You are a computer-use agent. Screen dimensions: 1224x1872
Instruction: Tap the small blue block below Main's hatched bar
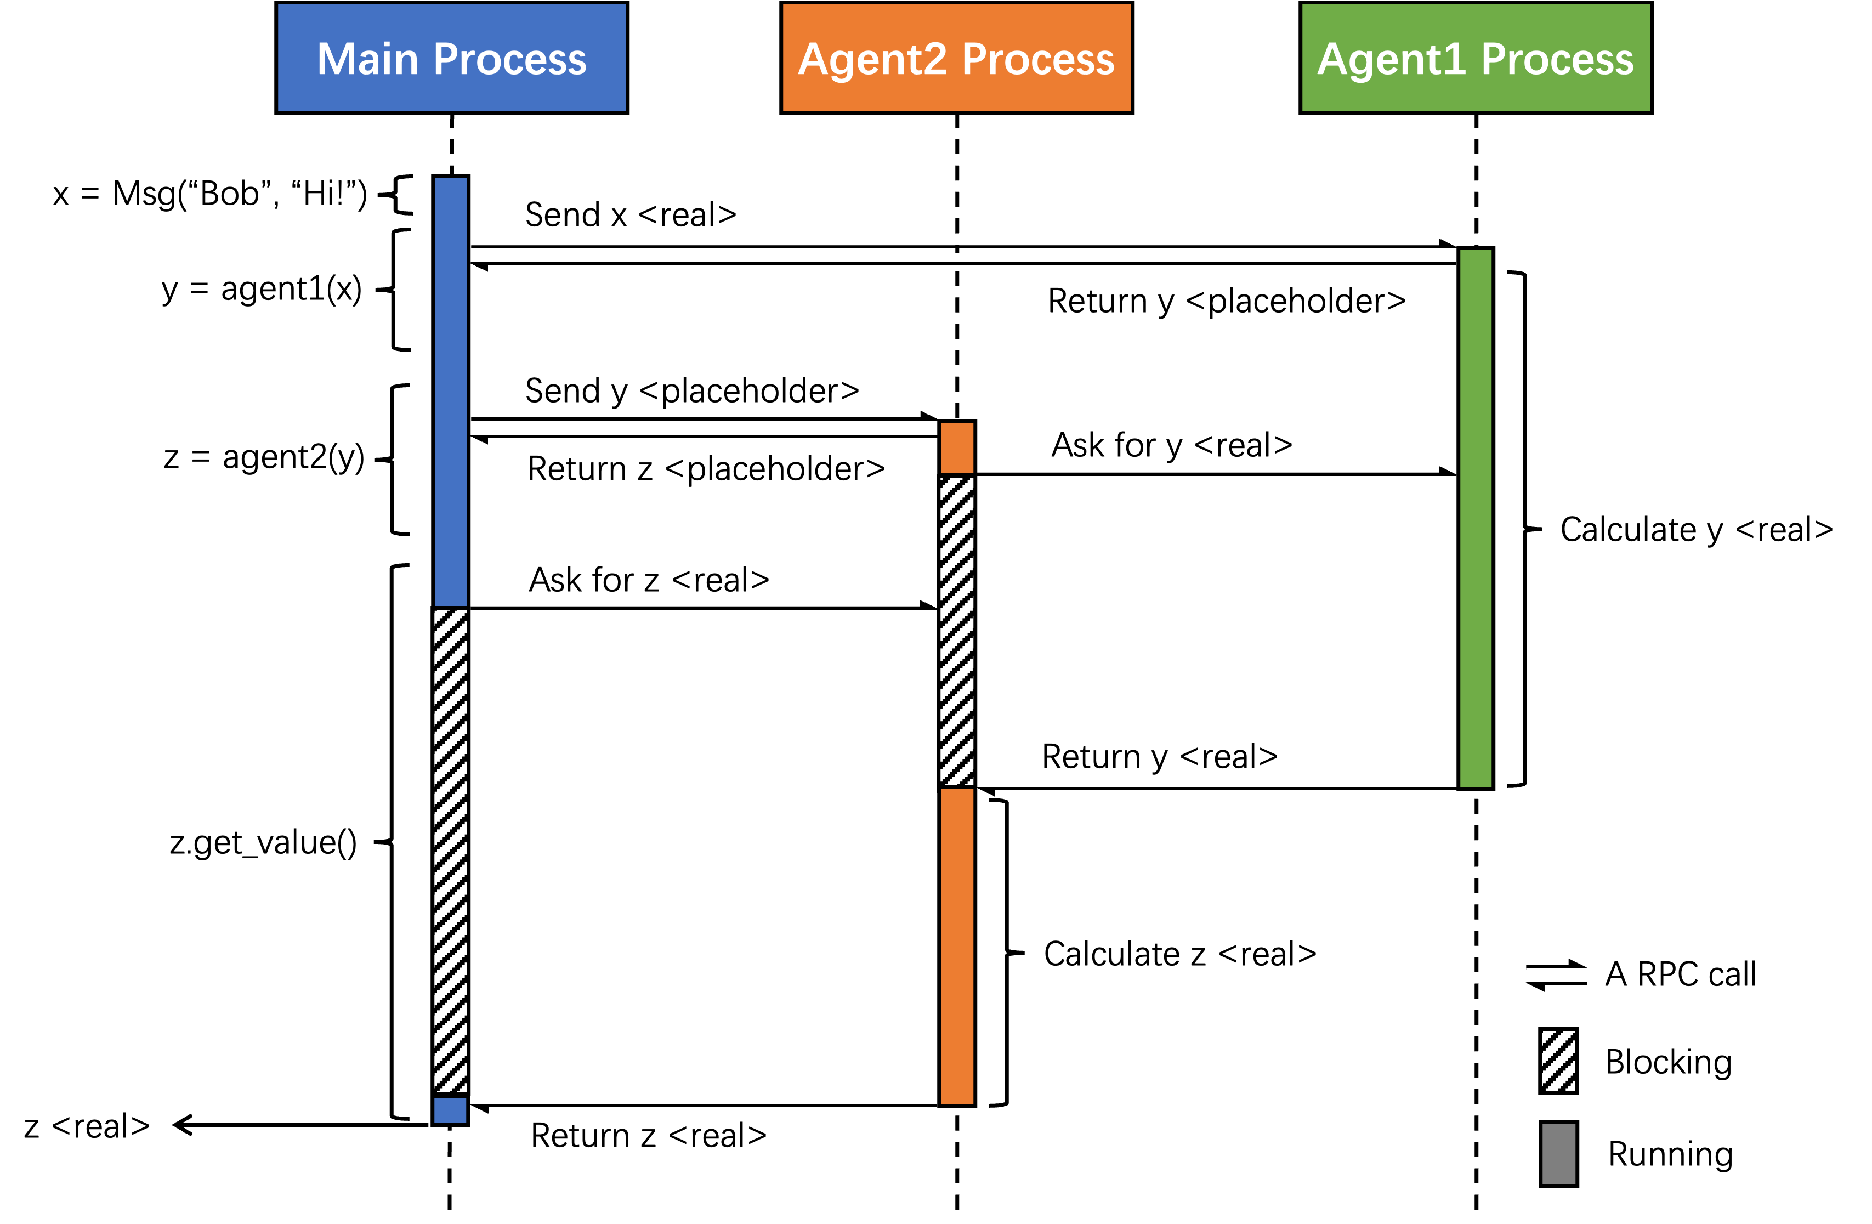(x=450, y=1110)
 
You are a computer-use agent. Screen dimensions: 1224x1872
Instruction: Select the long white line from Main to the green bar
(x=963, y=256)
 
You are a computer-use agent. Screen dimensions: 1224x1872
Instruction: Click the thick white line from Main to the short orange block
(x=704, y=428)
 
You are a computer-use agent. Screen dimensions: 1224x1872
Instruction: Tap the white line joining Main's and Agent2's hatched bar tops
(x=704, y=614)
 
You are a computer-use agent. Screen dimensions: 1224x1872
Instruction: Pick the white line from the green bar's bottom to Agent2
(x=1216, y=782)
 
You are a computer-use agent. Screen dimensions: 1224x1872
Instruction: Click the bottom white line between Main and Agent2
(x=704, y=1099)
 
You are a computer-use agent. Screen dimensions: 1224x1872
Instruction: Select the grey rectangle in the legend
(x=1558, y=1154)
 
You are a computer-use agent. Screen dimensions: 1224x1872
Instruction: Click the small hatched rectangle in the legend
(x=1558, y=1061)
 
